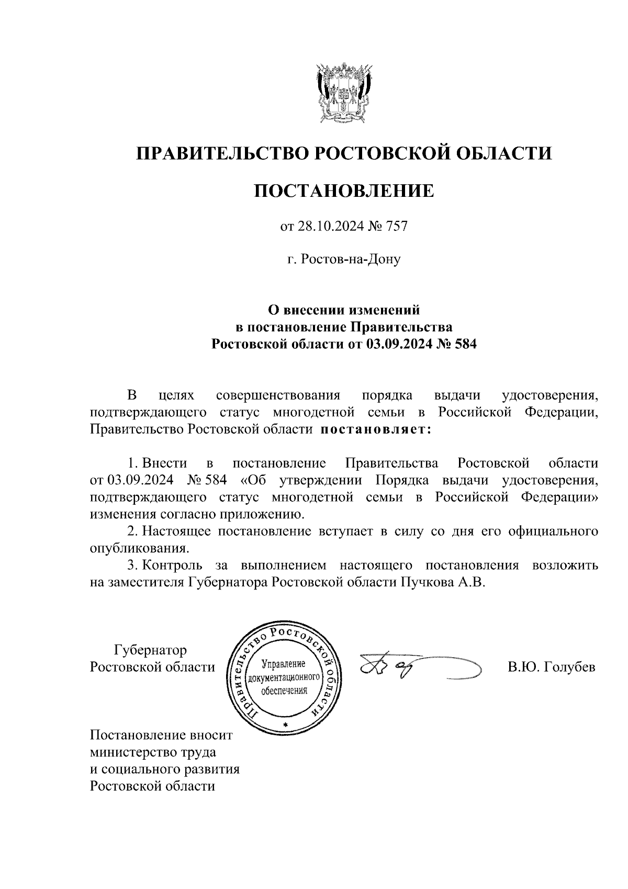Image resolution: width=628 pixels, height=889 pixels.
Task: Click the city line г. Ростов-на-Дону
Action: (344, 259)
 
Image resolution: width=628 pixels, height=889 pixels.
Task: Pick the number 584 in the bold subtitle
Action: (465, 345)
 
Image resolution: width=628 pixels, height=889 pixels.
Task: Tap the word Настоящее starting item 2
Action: (176, 532)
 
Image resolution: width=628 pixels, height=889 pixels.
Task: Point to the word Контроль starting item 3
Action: (173, 565)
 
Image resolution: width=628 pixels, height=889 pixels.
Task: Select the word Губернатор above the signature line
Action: (150, 651)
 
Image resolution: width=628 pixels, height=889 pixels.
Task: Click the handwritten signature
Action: (413, 668)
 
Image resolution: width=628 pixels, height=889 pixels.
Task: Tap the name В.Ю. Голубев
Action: (551, 668)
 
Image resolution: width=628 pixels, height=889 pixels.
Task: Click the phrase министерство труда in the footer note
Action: (153, 752)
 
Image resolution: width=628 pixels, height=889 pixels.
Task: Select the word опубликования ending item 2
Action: (139, 549)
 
